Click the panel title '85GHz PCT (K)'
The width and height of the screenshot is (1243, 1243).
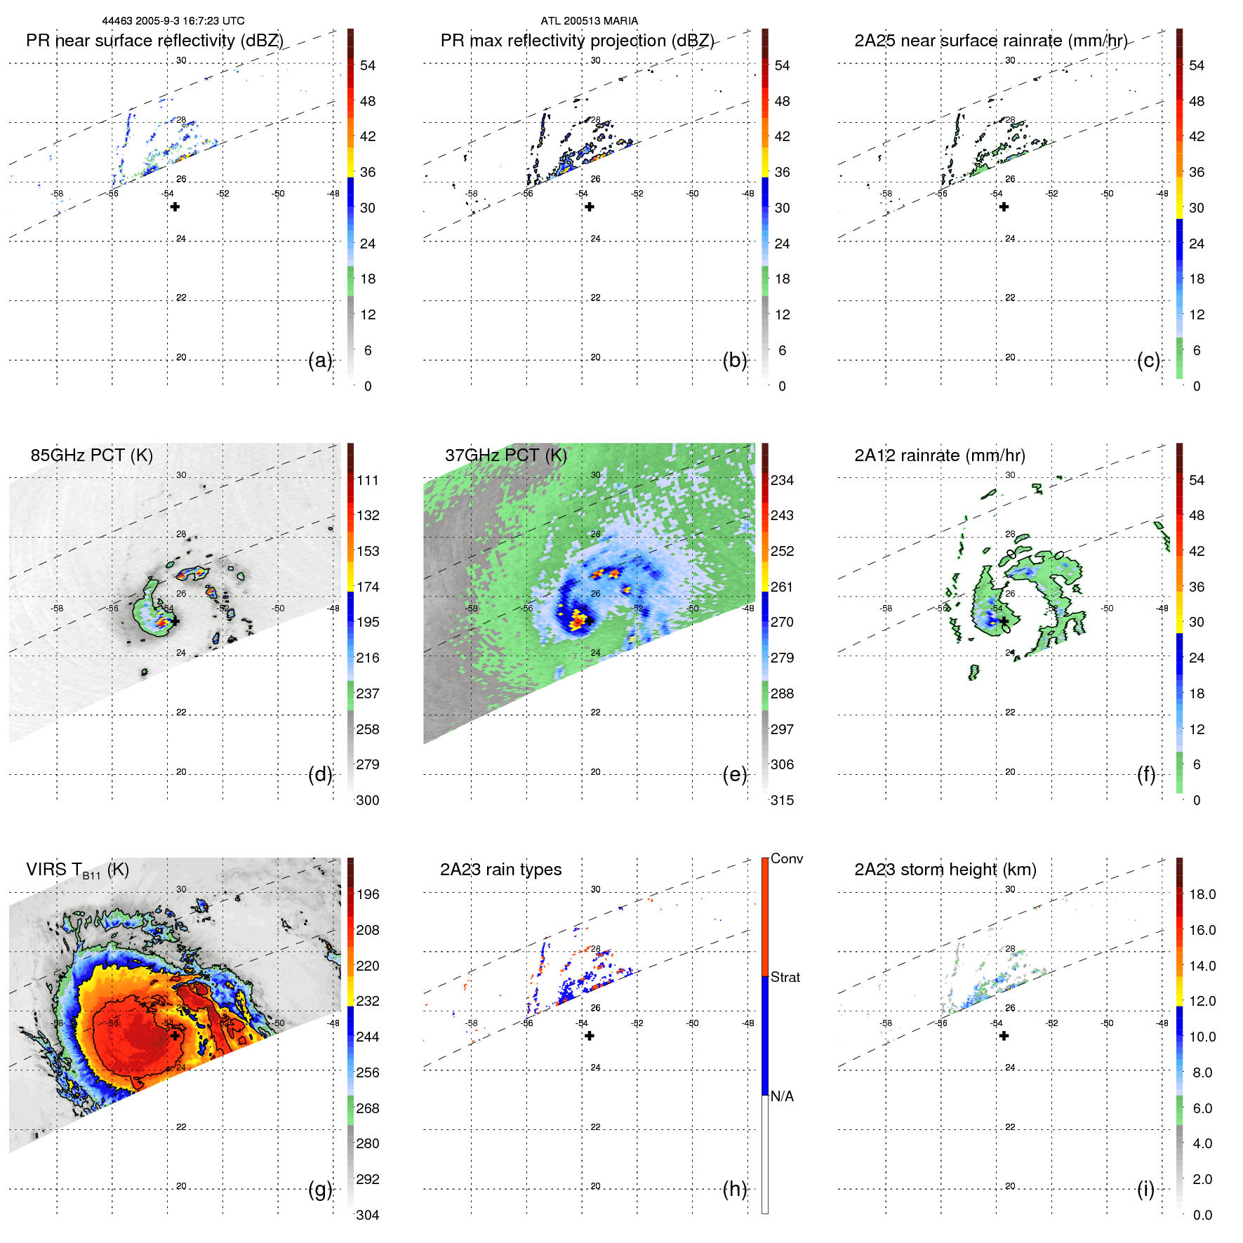(x=91, y=455)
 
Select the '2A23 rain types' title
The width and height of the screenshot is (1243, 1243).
(x=500, y=870)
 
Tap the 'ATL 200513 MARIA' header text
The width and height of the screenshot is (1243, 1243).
(x=589, y=21)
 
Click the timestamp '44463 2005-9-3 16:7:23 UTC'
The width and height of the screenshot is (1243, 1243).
(x=173, y=21)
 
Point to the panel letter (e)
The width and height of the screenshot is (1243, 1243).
(x=734, y=774)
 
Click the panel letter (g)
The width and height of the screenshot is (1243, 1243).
(x=320, y=1189)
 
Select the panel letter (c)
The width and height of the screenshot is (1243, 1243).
(x=1148, y=360)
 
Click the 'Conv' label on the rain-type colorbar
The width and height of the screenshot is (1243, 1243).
(x=786, y=858)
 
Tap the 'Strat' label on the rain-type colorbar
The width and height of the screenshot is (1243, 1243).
(x=785, y=977)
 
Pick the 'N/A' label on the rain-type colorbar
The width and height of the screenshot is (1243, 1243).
(x=782, y=1096)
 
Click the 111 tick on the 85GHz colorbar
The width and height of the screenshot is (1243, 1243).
(x=368, y=480)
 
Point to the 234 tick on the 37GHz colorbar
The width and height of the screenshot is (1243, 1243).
(x=782, y=480)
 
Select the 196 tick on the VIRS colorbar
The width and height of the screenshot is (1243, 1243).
(x=368, y=894)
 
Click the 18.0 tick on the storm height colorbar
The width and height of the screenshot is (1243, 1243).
(x=1202, y=894)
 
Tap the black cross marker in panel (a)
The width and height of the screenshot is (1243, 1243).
(x=175, y=206)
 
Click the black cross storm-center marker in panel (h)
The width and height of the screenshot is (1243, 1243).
(x=590, y=1036)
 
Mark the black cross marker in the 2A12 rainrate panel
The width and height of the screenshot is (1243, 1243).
(x=1004, y=621)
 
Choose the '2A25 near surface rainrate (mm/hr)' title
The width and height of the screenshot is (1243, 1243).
(x=990, y=41)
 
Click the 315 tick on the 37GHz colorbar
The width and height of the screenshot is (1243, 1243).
(x=782, y=800)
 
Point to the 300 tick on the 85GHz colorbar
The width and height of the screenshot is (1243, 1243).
(x=368, y=800)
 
